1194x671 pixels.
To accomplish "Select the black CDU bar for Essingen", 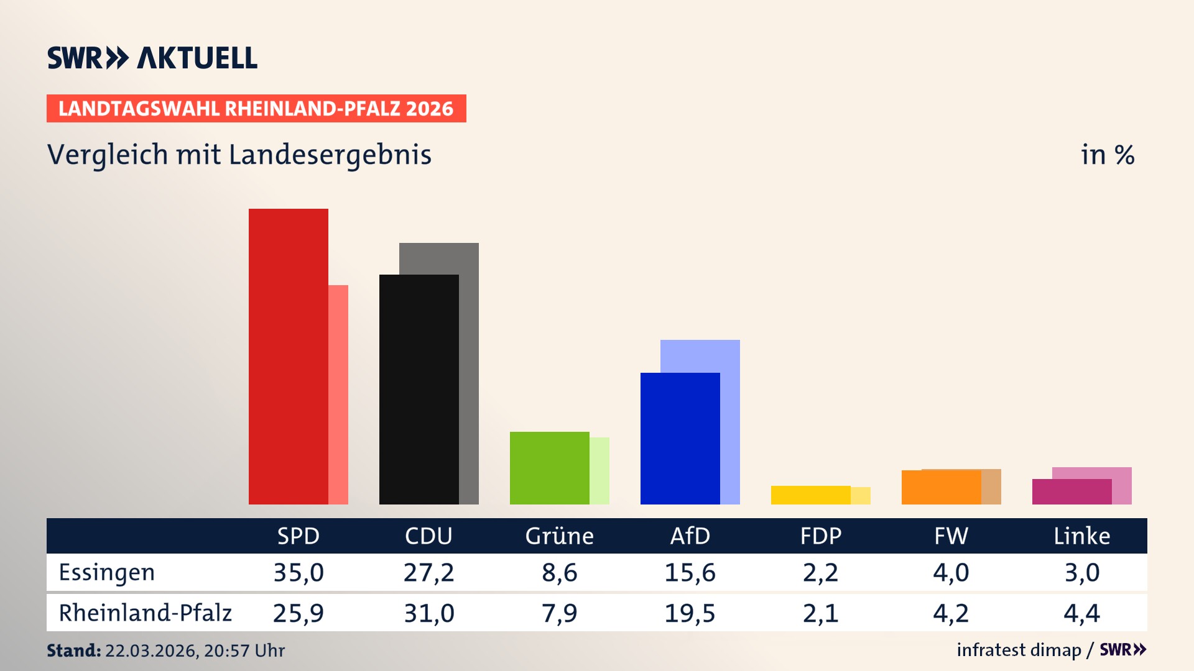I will coord(419,389).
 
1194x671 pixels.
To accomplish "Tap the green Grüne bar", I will coord(549,468).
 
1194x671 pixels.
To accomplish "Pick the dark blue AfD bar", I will coord(680,438).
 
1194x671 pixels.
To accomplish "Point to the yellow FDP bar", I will coord(810,495).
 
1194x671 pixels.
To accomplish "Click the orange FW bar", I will coord(941,488).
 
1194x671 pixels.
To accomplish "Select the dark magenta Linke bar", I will coord(1071,492).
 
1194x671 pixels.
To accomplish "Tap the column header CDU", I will coord(428,536).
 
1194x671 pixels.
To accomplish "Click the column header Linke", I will coord(1081,536).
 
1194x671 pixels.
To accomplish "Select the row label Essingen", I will coord(106,572).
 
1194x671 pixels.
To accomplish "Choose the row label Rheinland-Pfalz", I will coord(145,613).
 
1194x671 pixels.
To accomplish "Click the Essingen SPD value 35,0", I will coord(298,572).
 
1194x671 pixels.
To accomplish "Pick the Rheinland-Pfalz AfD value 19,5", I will coord(690,613).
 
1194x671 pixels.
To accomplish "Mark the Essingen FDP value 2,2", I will coord(820,572).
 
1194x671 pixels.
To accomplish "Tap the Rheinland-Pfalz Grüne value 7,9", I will coord(559,613).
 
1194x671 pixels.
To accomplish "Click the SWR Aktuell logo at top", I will coord(152,58).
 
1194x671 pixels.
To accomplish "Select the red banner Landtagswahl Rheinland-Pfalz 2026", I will coord(256,109).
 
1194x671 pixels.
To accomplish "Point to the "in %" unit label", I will coord(1107,155).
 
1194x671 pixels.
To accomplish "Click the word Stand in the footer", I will coord(73,650).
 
